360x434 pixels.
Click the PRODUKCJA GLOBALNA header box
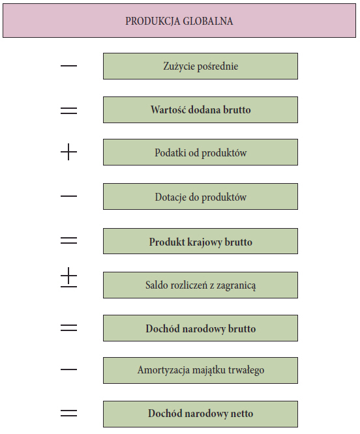(179, 20)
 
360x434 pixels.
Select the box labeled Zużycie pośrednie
(200, 66)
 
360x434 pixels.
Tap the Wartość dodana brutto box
(200, 109)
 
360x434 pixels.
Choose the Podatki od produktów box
(200, 152)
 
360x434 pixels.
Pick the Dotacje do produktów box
(200, 197)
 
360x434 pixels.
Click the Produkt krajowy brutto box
(200, 241)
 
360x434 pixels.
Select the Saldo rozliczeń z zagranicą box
(200, 285)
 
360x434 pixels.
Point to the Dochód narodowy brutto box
(200, 328)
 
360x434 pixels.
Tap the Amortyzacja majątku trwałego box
(200, 370)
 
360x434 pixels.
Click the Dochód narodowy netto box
(200, 414)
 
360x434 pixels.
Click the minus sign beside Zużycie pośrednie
(68, 66)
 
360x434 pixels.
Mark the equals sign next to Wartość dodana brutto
(68, 111)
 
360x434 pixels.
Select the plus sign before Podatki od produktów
(68, 152)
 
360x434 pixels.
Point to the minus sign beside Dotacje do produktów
(68, 196)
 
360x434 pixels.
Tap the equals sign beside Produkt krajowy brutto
(68, 240)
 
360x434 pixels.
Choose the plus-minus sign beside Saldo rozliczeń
(68, 278)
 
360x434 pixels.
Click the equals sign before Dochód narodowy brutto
(68, 328)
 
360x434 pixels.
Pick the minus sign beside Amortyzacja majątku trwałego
(68, 369)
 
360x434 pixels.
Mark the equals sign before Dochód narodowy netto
(68, 414)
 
